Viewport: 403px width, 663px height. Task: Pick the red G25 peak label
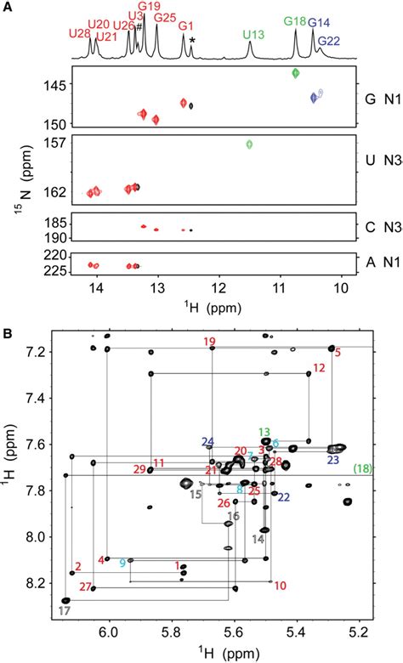166,18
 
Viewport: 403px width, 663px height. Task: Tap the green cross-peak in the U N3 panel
250,144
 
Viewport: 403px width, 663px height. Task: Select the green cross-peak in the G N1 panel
296,74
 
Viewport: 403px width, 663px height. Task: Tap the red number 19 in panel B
210,342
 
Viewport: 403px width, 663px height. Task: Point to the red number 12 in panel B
319,369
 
